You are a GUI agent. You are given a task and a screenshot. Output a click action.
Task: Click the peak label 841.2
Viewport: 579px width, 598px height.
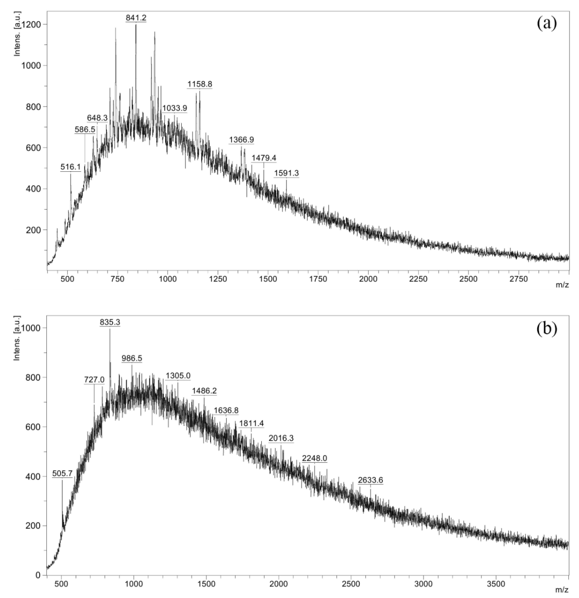point(136,18)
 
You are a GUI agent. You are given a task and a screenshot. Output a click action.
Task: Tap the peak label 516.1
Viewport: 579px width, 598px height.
point(71,167)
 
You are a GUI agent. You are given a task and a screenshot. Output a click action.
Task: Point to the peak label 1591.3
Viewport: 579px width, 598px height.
point(286,173)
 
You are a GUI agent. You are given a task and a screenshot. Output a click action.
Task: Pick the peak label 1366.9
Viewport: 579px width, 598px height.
point(241,140)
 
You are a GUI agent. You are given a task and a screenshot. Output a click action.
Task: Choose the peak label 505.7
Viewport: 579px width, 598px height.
point(62,473)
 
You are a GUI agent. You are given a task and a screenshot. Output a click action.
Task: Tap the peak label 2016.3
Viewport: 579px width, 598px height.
point(281,438)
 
